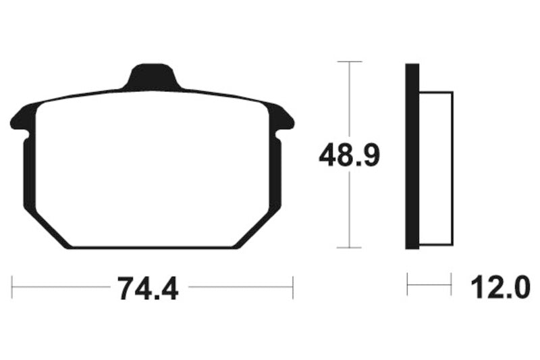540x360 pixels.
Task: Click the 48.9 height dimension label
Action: click(350, 156)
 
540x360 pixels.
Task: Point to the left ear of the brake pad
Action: click(20, 118)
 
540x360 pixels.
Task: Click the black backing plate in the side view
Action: click(412, 156)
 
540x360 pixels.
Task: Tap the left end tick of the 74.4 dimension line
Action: click(13, 286)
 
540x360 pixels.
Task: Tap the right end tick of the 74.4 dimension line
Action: click(293, 286)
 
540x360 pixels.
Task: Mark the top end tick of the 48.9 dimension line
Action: click(348, 62)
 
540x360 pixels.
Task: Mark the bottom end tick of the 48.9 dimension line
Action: click(348, 248)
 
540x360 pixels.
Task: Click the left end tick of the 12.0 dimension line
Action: click(407, 285)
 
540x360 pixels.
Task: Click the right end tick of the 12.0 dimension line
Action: click(451, 285)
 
